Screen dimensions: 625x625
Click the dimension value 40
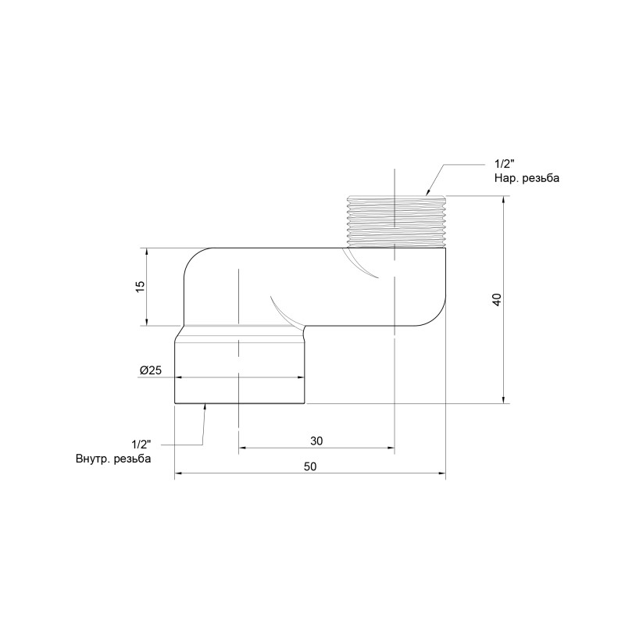[x=497, y=299]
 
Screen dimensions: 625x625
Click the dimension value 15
[x=141, y=287]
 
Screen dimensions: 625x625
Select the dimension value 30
[x=316, y=441]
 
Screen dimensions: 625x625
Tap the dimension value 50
[x=310, y=466]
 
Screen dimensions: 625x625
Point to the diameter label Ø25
[x=150, y=370]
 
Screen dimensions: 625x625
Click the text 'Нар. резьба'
[x=527, y=178]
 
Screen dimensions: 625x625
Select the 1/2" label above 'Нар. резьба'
[x=504, y=164]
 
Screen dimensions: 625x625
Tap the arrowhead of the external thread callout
[x=428, y=191]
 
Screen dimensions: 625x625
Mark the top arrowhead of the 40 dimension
[x=504, y=199]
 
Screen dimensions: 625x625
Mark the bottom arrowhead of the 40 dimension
[x=504, y=399]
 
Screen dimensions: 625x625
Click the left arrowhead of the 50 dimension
[x=178, y=473]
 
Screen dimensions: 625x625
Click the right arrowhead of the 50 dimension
[x=441, y=473]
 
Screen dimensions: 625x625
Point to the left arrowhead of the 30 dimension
[x=242, y=448]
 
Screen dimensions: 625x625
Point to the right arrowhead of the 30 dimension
[x=390, y=448]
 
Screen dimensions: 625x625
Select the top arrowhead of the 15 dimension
[x=146, y=252]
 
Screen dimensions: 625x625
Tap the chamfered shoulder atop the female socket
[x=239, y=332]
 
